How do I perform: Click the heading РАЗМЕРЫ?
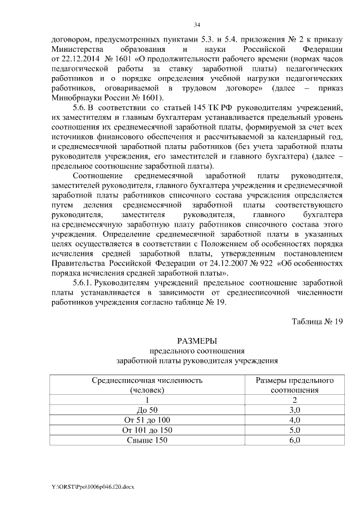[x=196, y=341]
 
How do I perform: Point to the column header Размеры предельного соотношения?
[x=295, y=385]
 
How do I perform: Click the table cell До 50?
[x=147, y=410]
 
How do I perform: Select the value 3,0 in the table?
[x=295, y=410]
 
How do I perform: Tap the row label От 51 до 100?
[x=147, y=420]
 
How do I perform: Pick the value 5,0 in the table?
[x=295, y=430]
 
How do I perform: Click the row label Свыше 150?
[x=147, y=440]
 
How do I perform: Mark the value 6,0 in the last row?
[x=295, y=440]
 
